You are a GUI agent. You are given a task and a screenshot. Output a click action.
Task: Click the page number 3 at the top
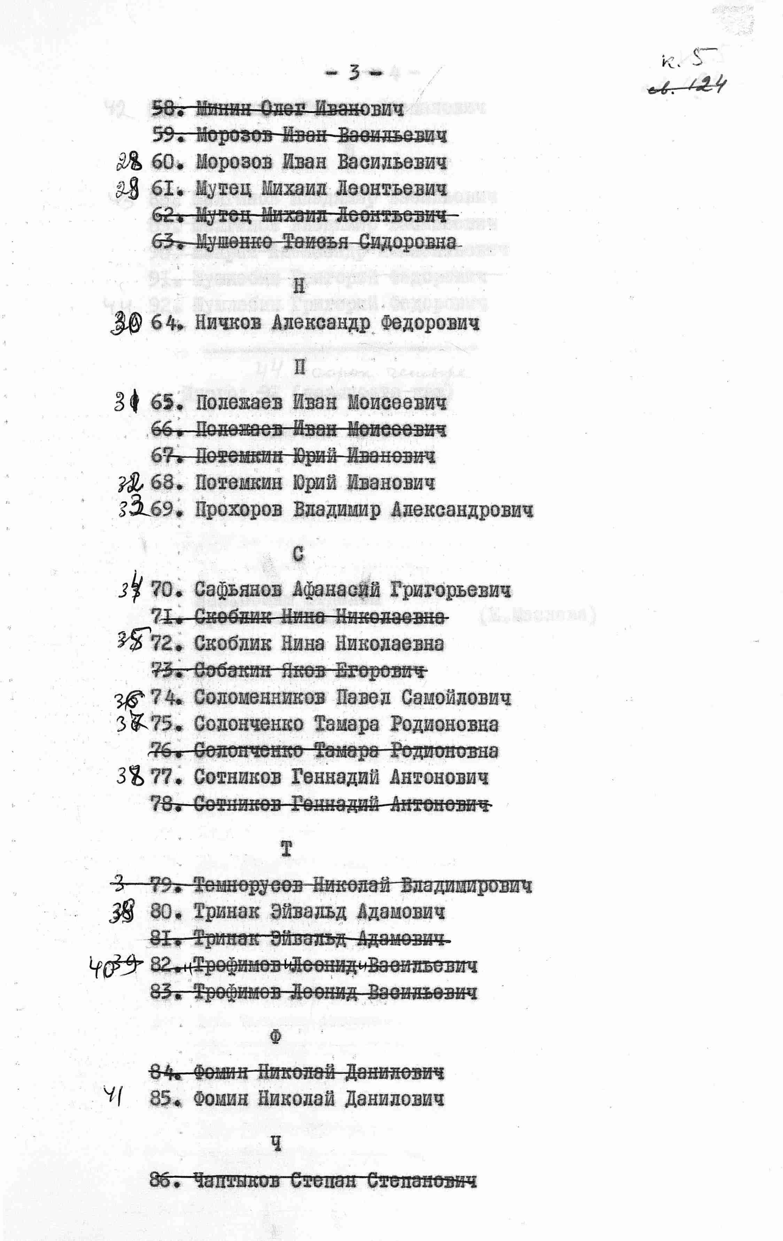click(x=354, y=73)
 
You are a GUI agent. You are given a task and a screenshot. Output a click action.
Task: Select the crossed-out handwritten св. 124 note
click(x=687, y=86)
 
